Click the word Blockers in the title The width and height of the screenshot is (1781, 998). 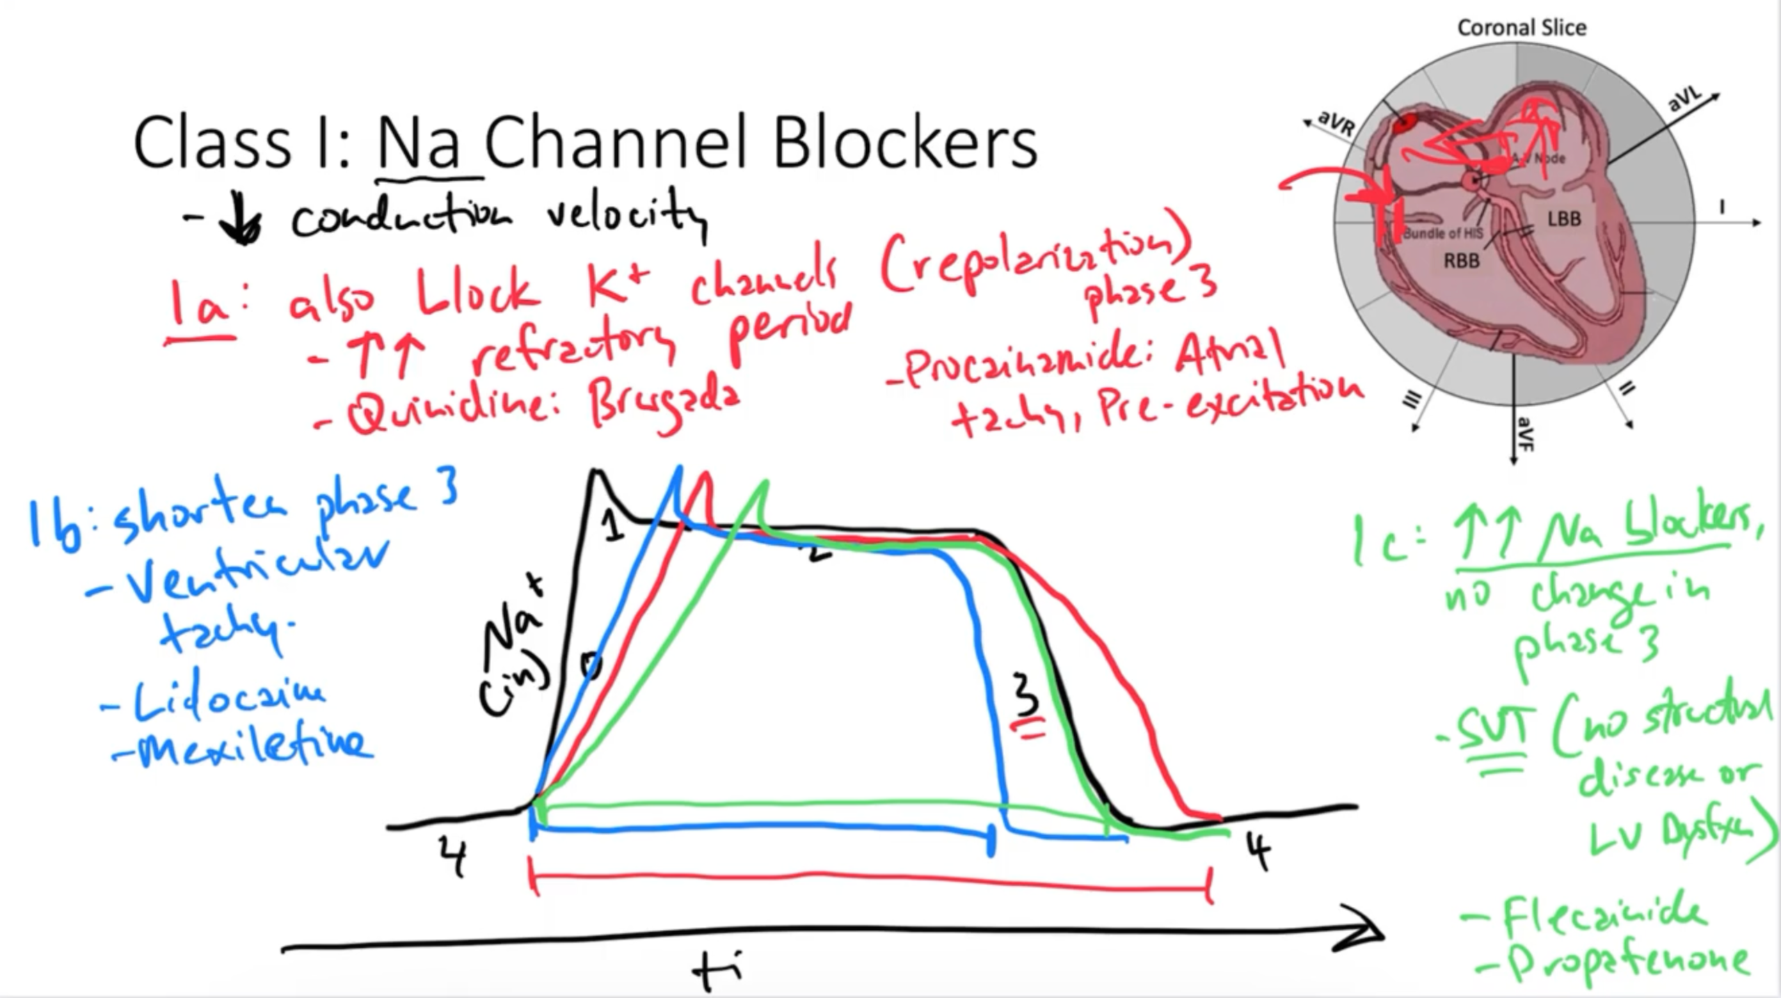[904, 143]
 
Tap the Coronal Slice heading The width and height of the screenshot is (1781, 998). [1522, 28]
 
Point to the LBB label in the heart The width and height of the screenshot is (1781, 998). [1564, 219]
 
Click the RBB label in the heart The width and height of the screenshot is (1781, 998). [1461, 261]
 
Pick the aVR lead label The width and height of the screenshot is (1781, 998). [1336, 123]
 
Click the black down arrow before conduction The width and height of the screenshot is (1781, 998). [240, 223]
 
